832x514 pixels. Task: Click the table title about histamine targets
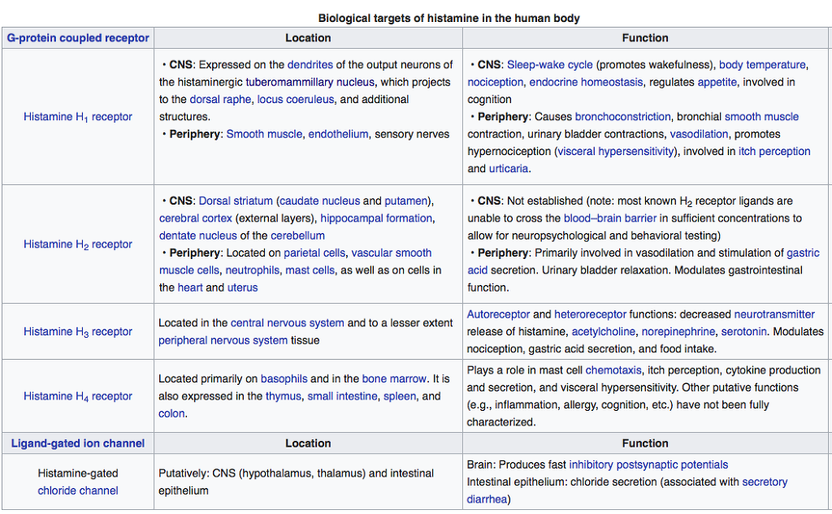[x=448, y=18]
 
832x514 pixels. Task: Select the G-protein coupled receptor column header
[x=78, y=38]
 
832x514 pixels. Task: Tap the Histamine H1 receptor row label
[x=78, y=117]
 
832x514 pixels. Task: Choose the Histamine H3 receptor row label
[x=78, y=332]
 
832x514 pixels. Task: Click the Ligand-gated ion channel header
[x=78, y=443]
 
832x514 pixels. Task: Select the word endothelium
[x=338, y=134]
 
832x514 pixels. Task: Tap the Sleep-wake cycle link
[x=549, y=65]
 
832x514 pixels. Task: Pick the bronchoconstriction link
[x=622, y=117]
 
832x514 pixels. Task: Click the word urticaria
[x=509, y=169]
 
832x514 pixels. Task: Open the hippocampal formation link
[x=376, y=218]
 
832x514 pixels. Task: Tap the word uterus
[x=242, y=287]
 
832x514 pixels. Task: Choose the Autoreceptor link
[x=498, y=314]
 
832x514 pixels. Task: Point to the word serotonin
[x=744, y=332]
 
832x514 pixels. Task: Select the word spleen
[x=399, y=396]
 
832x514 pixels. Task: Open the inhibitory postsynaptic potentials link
[x=648, y=465]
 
